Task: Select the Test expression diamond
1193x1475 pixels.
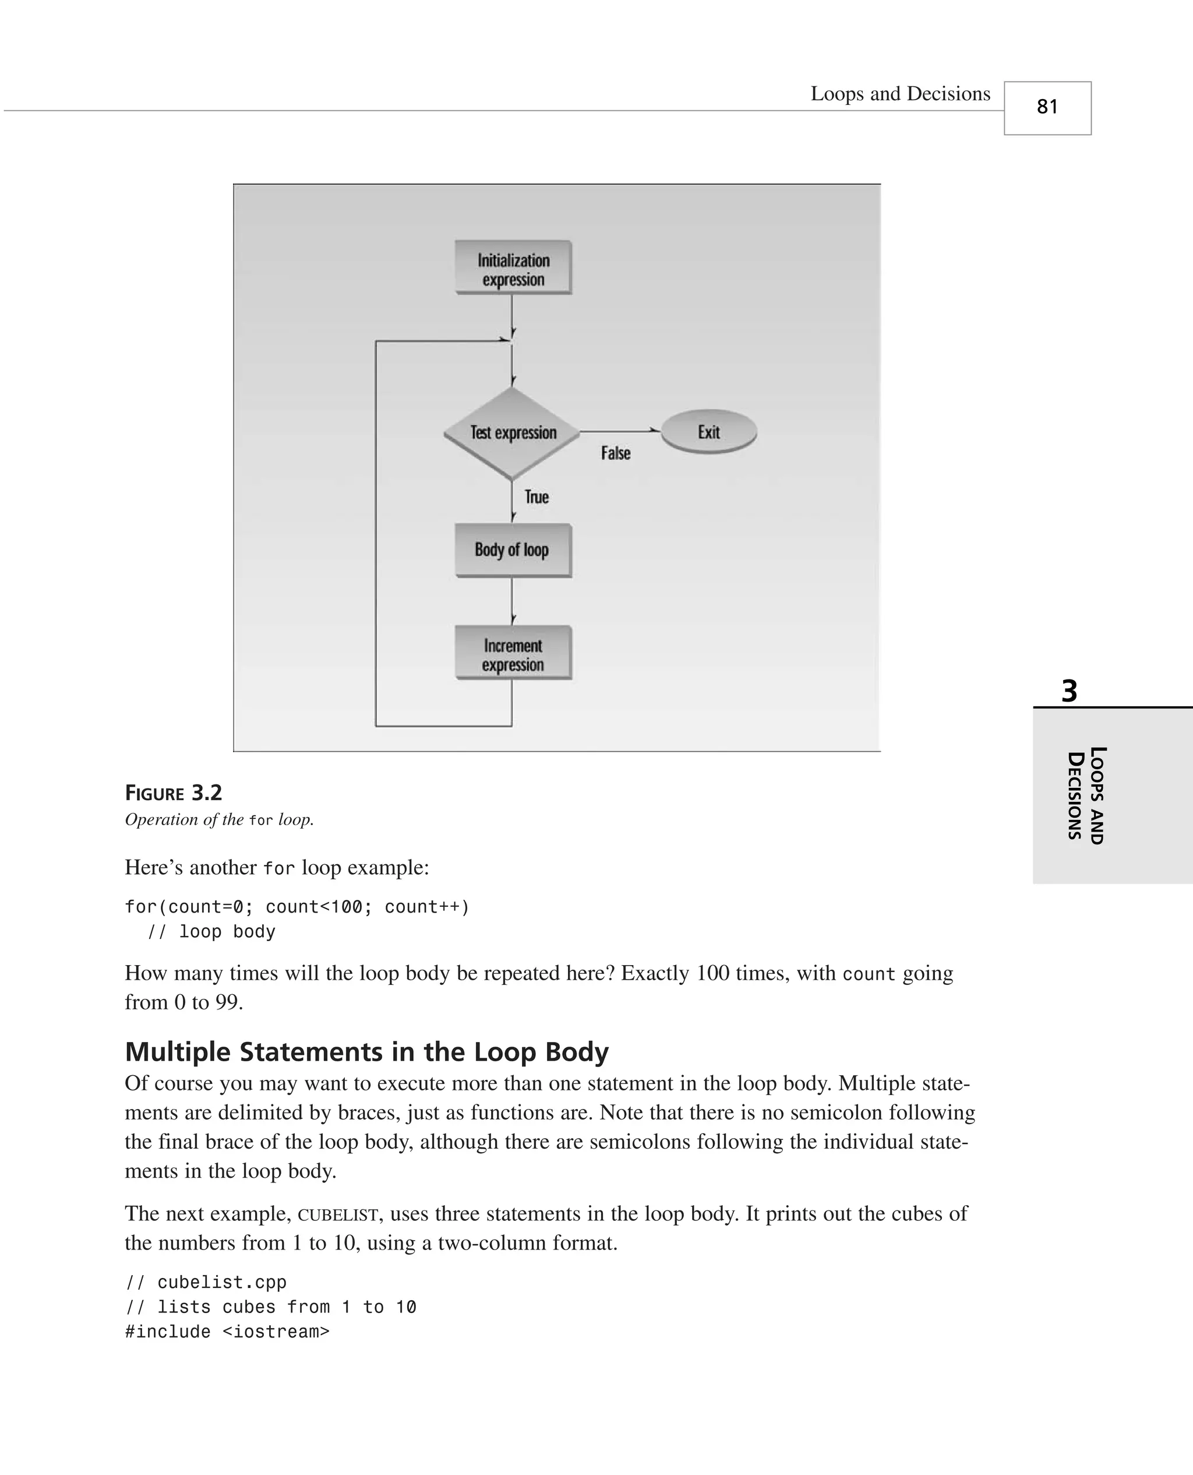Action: click(513, 432)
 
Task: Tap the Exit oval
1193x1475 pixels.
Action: click(708, 432)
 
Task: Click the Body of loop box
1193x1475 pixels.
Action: click(513, 550)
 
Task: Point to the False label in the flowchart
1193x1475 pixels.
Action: click(615, 453)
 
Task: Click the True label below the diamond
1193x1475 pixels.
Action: click(537, 497)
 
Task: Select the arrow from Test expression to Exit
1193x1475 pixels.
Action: click(619, 431)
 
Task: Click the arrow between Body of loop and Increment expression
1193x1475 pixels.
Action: click(512, 601)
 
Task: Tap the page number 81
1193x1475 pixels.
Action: click(1047, 107)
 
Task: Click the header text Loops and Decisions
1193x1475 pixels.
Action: click(900, 93)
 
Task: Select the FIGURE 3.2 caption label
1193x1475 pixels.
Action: click(173, 793)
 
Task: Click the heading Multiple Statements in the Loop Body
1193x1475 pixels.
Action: click(366, 1051)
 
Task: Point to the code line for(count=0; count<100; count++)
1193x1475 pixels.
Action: click(297, 907)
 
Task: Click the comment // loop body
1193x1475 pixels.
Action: click(211, 932)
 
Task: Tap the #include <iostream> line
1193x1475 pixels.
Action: click(227, 1332)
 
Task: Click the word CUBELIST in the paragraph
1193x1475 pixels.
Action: click(337, 1215)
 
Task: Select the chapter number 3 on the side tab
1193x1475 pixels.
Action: click(1068, 691)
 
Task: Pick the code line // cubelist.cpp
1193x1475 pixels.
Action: click(206, 1283)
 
